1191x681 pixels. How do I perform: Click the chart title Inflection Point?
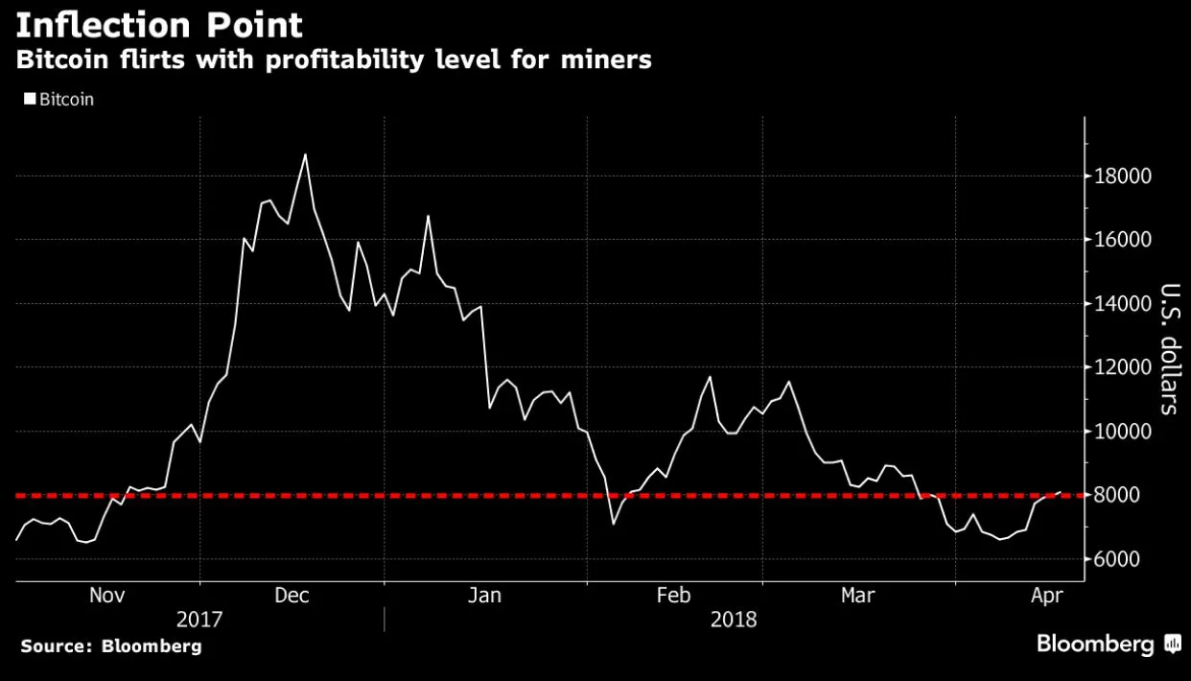(159, 24)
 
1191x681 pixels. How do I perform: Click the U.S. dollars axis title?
(1169, 349)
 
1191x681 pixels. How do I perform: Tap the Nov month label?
(107, 596)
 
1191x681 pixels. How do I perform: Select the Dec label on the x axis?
(292, 596)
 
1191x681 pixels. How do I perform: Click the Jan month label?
(484, 596)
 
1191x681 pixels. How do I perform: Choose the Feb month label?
(673, 596)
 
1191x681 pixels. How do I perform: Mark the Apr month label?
(1045, 596)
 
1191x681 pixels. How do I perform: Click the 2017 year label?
(199, 620)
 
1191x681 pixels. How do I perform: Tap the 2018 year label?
(734, 620)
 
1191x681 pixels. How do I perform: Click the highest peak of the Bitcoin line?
(305, 154)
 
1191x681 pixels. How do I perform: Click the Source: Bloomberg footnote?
(111, 646)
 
